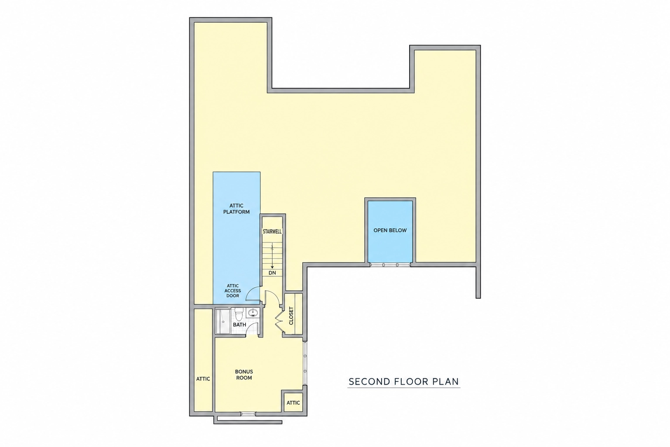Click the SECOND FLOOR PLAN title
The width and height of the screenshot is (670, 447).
pos(404,382)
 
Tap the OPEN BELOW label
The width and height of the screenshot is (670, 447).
pos(390,230)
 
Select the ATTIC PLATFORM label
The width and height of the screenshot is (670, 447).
pos(236,209)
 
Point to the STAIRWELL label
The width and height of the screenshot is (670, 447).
pos(272,231)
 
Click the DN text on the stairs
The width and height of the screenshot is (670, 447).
pos(272,273)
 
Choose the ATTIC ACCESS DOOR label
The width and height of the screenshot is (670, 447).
pos(232,291)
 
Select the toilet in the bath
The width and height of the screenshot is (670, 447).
pos(239,314)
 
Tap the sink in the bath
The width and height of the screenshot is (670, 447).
pos(253,313)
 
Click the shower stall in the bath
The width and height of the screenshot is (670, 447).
pos(223,321)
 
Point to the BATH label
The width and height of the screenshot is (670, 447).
pos(239,324)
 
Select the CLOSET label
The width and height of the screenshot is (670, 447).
pos(291,316)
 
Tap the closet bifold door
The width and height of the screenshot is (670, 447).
pos(279,321)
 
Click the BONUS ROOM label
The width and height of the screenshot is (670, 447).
pos(244,375)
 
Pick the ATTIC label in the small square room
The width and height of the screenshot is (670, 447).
pos(293,402)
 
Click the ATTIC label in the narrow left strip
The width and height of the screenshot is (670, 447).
pos(203,379)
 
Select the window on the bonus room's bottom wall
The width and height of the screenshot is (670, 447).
pos(248,414)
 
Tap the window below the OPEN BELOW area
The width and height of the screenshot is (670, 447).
pos(390,265)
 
